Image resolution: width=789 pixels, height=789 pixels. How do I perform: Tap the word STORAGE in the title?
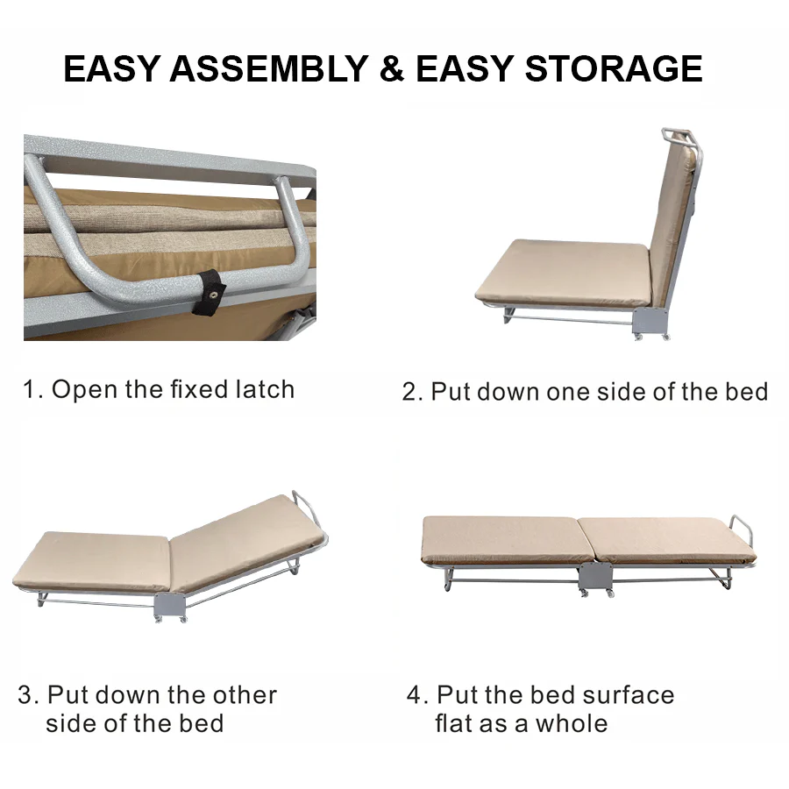pyautogui.click(x=614, y=68)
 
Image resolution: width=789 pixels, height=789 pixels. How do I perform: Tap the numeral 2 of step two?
pyautogui.click(x=410, y=392)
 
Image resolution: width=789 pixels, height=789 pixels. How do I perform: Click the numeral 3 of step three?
pyautogui.click(x=26, y=695)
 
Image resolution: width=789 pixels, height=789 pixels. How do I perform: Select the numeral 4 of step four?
pyautogui.click(x=416, y=695)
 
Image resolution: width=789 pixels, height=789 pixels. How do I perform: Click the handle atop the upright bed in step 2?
pyautogui.click(x=678, y=137)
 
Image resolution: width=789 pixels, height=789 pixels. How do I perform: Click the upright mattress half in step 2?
pyautogui.click(x=673, y=219)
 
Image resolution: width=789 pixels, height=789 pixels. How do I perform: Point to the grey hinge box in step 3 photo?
pyautogui.click(x=169, y=604)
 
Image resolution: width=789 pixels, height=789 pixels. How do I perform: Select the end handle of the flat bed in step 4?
pyautogui.click(x=742, y=529)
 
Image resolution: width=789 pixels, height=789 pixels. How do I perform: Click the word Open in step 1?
pyautogui.click(x=85, y=389)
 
